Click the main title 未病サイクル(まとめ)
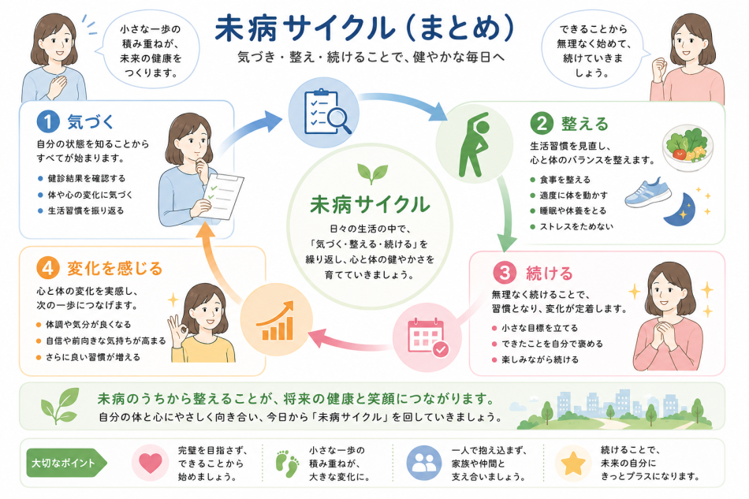[364, 28]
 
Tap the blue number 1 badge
[48, 121]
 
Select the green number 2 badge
[542, 124]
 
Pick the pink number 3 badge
[505, 273]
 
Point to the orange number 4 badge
[48, 268]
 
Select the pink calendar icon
[427, 337]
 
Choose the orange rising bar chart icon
[276, 321]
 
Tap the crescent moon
[680, 210]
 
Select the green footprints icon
[287, 464]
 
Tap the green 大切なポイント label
[66, 463]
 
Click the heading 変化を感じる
[114, 268]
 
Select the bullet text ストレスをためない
[576, 226]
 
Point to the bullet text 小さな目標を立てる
[540, 328]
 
